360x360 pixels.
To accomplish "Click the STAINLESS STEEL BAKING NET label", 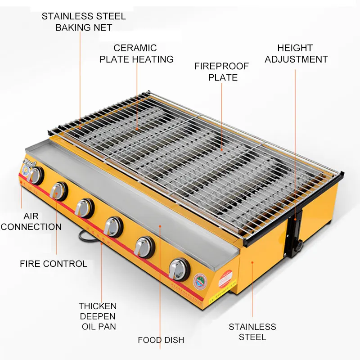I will coord(84,22).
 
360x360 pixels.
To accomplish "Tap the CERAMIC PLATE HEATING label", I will coord(136,54).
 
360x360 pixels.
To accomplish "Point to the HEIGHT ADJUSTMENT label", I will coord(296,54).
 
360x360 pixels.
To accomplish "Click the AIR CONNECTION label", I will coord(31,220).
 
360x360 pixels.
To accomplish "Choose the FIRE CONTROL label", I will coord(54,264).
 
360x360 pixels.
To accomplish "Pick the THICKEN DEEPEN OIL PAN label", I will coord(97,316).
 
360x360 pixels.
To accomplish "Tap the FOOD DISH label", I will coord(161,340).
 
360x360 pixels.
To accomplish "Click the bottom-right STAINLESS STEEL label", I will coord(252,332).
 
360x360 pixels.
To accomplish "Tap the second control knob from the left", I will coord(58,191).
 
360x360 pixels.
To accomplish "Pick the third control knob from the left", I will coord(84,207).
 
